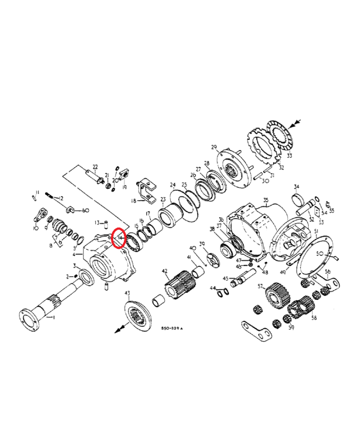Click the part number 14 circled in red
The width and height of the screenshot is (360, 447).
pos(119,238)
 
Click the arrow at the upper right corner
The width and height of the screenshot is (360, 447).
pos(294,124)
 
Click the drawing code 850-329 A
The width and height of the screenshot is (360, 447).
pos(172,328)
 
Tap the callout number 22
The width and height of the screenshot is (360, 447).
pos(95,167)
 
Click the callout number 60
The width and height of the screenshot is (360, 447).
pos(85,210)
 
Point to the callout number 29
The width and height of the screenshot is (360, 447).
pos(214,147)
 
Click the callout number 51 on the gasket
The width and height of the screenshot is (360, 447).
pos(316,233)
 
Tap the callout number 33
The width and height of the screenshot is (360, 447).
pos(289,156)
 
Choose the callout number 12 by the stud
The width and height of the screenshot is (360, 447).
pos(61,198)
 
